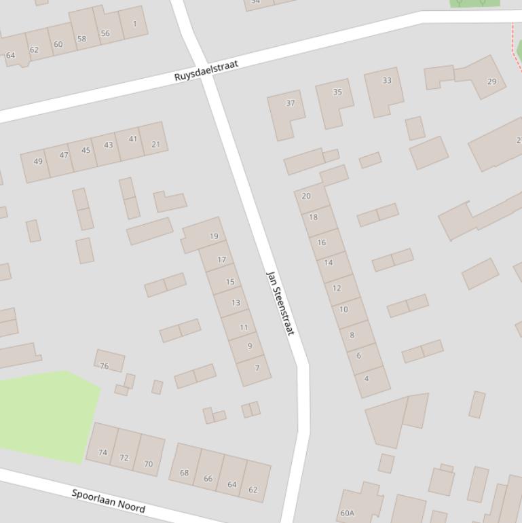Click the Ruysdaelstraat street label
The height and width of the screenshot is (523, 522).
point(206,71)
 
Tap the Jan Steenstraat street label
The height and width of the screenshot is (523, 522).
point(280,303)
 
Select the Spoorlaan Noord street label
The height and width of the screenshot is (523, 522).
point(108,500)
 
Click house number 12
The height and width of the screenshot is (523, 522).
point(337,288)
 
